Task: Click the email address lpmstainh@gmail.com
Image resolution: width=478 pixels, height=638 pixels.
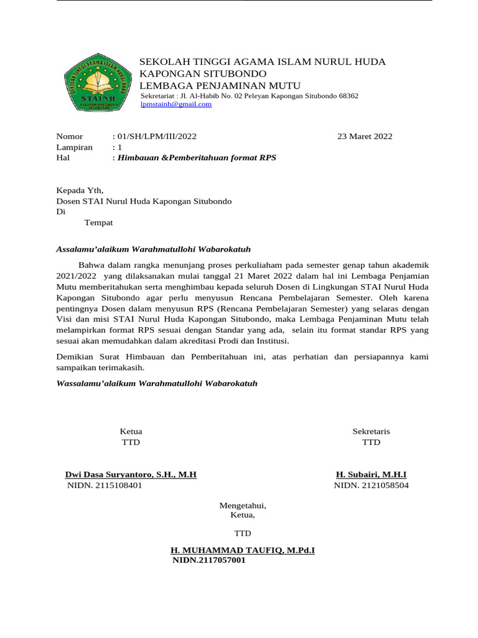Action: tap(176, 105)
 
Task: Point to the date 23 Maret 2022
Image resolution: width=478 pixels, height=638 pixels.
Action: tap(365, 136)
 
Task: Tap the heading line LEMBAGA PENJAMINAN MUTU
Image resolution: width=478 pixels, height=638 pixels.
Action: tap(220, 85)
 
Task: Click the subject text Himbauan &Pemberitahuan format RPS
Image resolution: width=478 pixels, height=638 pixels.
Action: tap(197, 158)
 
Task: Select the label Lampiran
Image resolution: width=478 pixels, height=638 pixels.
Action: tap(74, 148)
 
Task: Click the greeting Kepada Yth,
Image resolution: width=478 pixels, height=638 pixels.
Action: tap(80, 191)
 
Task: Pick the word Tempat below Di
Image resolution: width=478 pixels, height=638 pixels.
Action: tap(98, 222)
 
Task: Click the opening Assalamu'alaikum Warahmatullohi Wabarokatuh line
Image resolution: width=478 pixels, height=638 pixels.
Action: tap(153, 249)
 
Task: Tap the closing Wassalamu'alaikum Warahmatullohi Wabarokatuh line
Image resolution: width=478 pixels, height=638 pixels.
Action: tap(156, 383)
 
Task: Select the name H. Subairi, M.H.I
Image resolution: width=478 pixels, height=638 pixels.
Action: tap(371, 475)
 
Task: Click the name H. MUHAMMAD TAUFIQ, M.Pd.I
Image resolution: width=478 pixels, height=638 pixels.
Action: tap(243, 551)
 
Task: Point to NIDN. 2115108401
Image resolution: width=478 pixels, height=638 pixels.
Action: tap(105, 485)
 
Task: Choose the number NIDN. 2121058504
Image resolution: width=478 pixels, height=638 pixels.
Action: tap(371, 485)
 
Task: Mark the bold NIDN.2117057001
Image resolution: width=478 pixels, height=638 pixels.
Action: tap(209, 561)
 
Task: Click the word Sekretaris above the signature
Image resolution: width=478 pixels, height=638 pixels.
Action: tap(371, 431)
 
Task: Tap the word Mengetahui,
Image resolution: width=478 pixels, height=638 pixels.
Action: tap(243, 505)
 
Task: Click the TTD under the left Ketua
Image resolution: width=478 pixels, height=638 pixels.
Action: tap(131, 442)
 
